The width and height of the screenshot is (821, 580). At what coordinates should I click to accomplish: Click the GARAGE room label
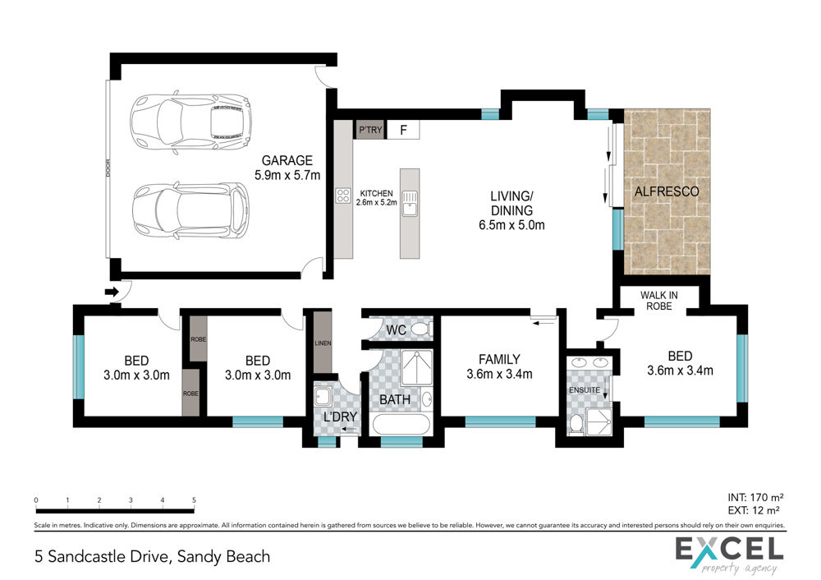point(287,160)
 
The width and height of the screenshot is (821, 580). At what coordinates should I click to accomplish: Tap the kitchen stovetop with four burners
point(343,196)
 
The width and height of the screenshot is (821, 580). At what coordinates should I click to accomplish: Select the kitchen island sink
point(410,204)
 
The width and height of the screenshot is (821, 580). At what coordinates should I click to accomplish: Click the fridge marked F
point(403,130)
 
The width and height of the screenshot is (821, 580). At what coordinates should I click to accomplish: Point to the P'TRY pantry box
point(371,130)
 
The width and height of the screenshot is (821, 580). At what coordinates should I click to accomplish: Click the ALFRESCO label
point(667,191)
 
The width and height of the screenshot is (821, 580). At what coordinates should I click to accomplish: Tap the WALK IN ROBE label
point(658,301)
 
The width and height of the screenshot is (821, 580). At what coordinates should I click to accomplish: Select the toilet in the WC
point(421,329)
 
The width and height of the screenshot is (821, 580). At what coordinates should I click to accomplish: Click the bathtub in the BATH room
point(401,425)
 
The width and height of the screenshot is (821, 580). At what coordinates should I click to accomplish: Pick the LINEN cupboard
point(323,343)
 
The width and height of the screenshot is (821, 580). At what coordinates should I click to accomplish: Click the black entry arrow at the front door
point(112,292)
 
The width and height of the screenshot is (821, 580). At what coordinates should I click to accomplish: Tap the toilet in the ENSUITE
point(576,424)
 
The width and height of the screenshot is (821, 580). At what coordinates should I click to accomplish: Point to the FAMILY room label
point(499,360)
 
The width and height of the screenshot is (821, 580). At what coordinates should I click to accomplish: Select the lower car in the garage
point(190,210)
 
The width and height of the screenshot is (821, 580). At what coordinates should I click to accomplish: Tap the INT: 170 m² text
point(755,497)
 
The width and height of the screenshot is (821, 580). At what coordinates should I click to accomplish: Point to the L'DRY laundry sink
point(323,396)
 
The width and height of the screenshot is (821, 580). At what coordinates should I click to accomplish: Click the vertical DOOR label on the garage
point(108,168)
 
